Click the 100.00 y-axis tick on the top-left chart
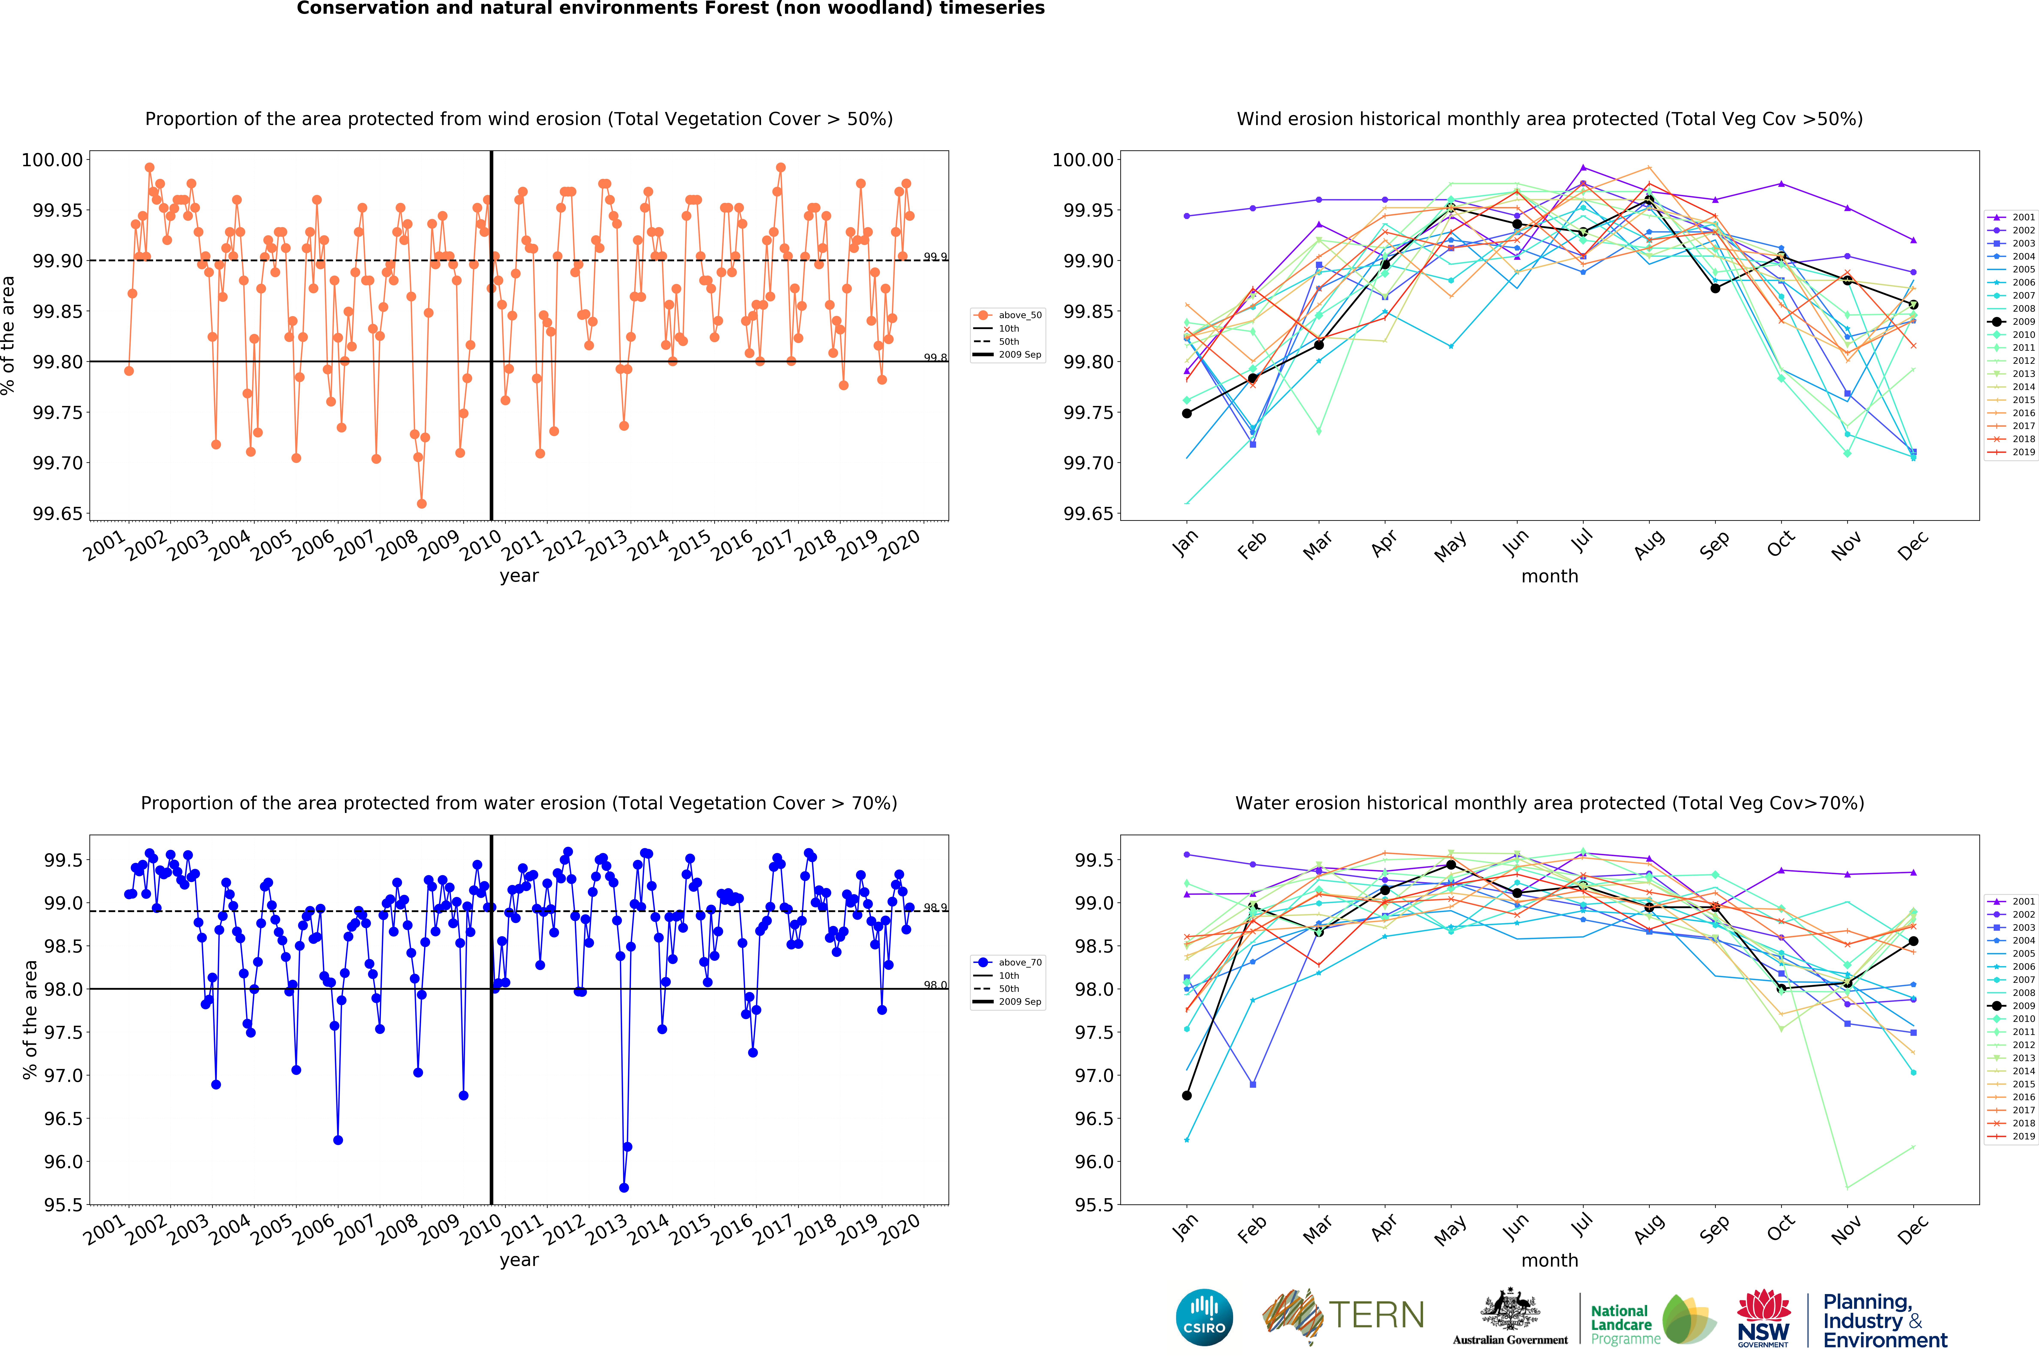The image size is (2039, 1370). click(52, 160)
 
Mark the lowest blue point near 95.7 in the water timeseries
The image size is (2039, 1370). click(624, 1187)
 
